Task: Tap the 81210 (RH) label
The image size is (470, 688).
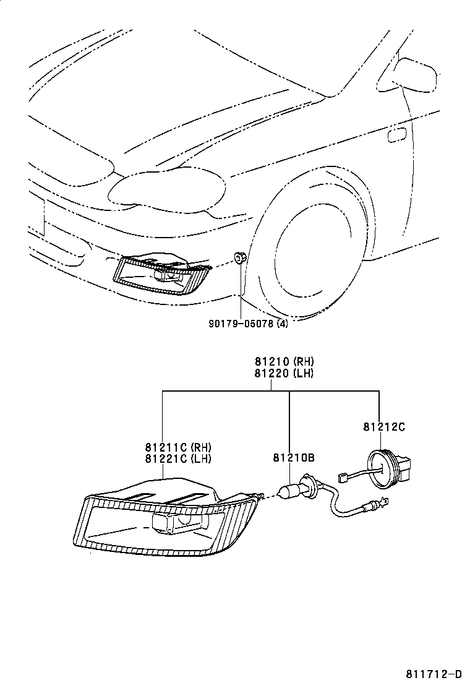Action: tap(284, 362)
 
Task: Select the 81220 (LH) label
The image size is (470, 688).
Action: tap(284, 373)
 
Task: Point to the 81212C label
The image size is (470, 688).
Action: tap(384, 426)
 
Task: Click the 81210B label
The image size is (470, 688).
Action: tap(294, 458)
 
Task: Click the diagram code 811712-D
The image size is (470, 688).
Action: tap(434, 674)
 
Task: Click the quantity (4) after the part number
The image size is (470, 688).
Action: tap(281, 322)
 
